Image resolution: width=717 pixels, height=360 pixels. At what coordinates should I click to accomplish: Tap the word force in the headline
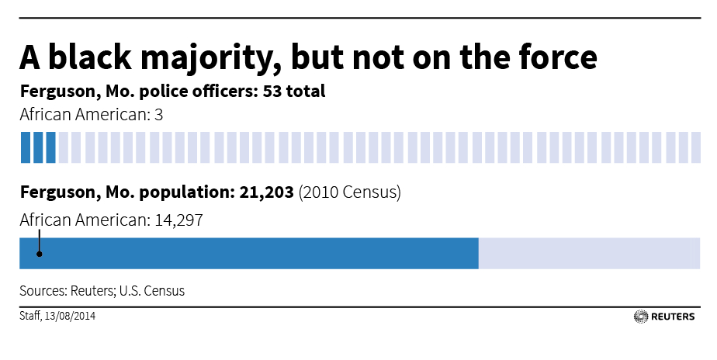coord(549,58)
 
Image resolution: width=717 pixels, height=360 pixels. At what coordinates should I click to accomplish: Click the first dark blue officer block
coord(25,147)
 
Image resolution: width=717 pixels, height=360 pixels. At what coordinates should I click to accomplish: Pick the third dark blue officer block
coord(50,147)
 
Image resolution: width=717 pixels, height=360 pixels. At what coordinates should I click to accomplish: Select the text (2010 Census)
coord(349,192)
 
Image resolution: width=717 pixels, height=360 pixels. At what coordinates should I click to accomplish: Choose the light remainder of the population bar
coord(586,254)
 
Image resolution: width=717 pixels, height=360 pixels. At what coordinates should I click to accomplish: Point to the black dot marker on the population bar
coord(39,253)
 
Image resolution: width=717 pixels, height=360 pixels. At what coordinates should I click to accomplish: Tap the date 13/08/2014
coord(71,317)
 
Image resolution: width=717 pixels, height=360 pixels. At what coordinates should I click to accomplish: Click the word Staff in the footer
coord(29,317)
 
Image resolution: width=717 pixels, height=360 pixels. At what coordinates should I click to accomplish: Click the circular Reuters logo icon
coord(641,317)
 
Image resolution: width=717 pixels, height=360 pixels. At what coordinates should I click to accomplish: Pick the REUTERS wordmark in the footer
coord(674,317)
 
